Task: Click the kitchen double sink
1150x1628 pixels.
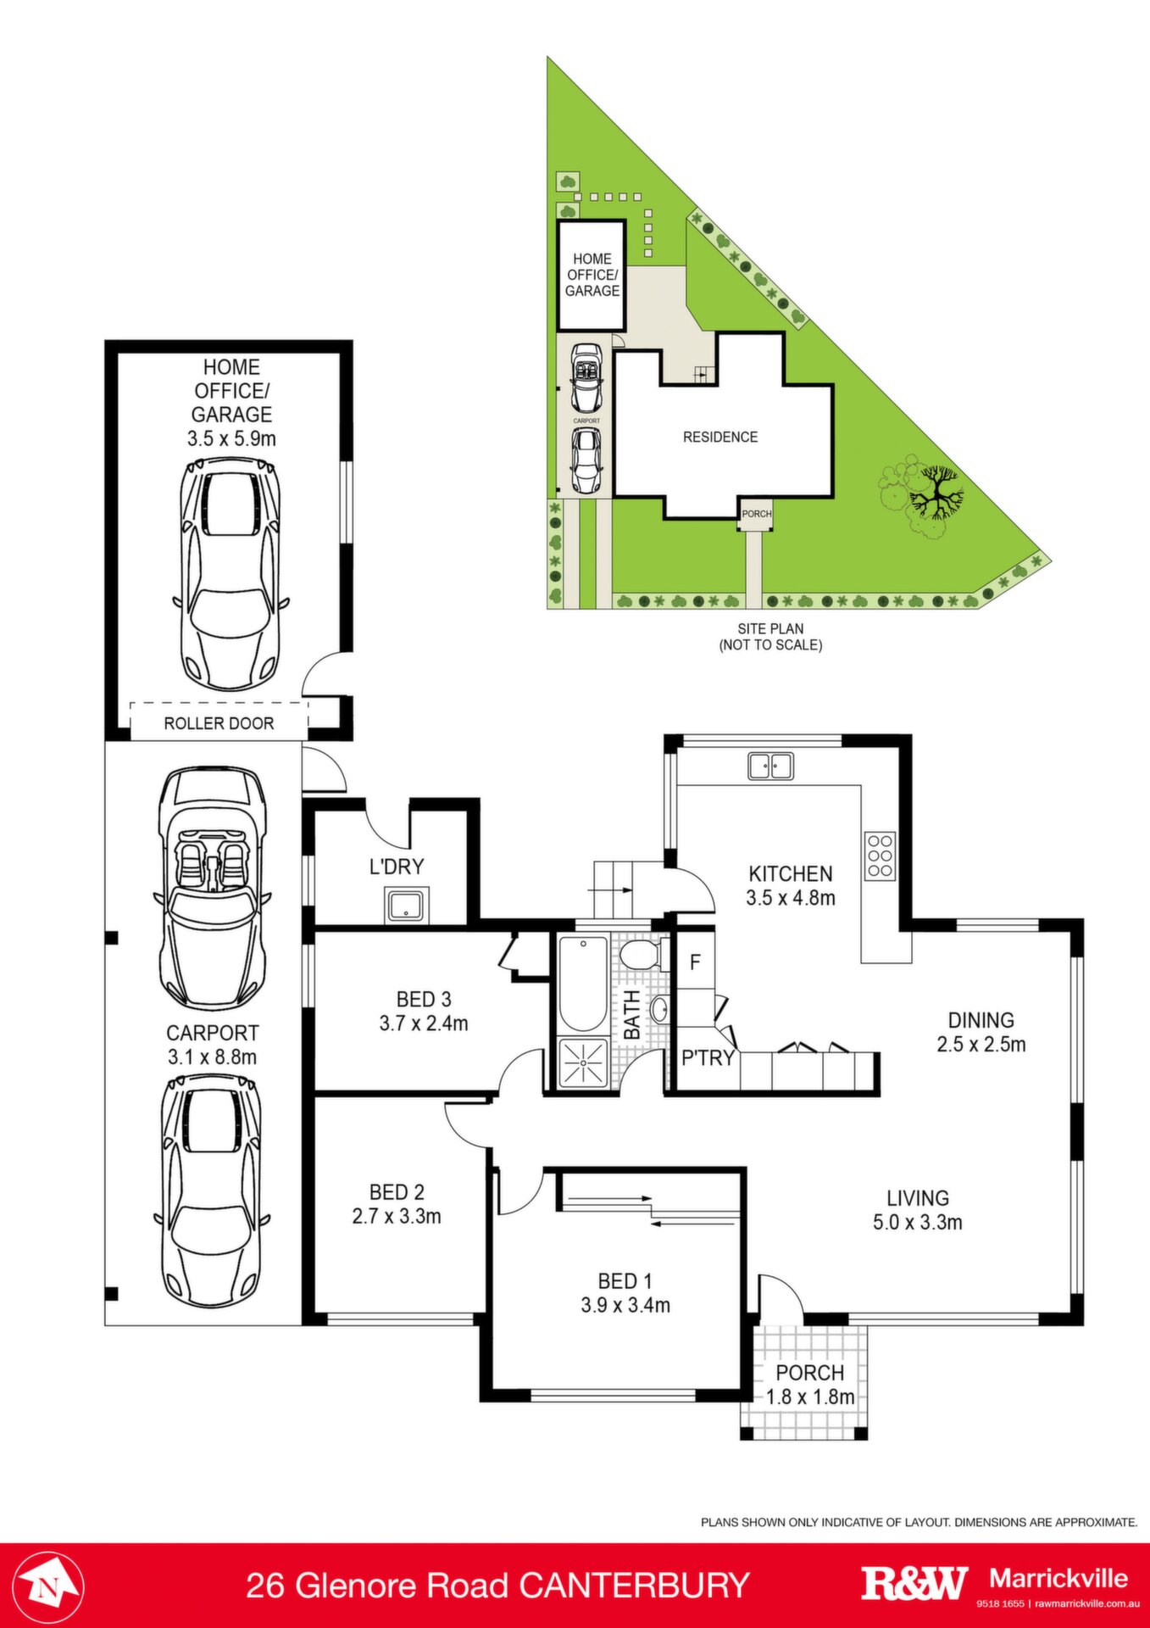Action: click(x=770, y=766)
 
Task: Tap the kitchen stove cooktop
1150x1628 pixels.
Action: click(x=880, y=856)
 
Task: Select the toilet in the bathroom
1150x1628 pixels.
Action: click(x=640, y=954)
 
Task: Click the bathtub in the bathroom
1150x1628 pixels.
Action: click(x=583, y=984)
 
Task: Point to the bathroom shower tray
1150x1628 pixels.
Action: click(x=583, y=1062)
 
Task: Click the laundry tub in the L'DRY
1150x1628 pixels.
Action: click(x=408, y=906)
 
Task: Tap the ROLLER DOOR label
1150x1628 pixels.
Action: click(x=219, y=723)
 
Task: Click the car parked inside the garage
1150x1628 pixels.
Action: click(x=231, y=574)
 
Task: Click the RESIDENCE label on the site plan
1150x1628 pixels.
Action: click(x=720, y=437)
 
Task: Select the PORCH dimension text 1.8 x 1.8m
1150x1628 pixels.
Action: click(x=810, y=1397)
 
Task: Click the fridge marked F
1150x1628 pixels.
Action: click(x=695, y=962)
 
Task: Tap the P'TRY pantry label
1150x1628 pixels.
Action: click(x=708, y=1057)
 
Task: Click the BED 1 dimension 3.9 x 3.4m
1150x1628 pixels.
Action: click(x=625, y=1305)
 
